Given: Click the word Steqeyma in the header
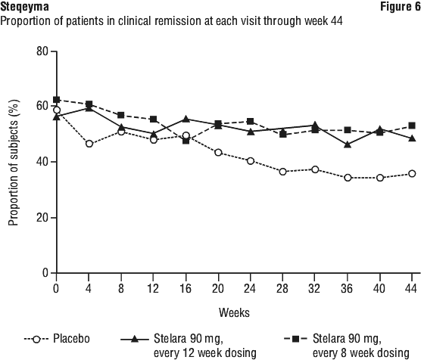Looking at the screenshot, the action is [x=24, y=7].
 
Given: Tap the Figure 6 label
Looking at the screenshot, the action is [x=401, y=7].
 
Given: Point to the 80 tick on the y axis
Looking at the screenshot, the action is [x=42, y=51].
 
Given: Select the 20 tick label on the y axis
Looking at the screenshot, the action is [x=42, y=217].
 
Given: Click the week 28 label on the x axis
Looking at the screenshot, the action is [x=282, y=288].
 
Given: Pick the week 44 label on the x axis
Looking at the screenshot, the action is [x=412, y=288].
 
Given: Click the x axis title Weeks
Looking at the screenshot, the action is [x=234, y=312].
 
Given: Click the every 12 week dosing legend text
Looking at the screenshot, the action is [x=205, y=353].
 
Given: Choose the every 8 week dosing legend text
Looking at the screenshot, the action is [x=361, y=353].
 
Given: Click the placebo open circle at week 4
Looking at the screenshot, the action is [x=89, y=144].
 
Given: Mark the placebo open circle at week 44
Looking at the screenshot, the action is [x=412, y=173].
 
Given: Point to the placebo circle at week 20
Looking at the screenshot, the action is [x=218, y=153].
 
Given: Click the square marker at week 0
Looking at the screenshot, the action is [x=56, y=100].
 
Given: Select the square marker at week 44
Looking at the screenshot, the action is [x=412, y=126].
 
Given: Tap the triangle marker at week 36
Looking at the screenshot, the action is [x=348, y=144].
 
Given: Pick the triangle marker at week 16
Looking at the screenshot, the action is [x=186, y=119].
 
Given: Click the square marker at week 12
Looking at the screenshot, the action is [x=153, y=119].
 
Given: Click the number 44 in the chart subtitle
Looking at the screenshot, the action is [x=336, y=21].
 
